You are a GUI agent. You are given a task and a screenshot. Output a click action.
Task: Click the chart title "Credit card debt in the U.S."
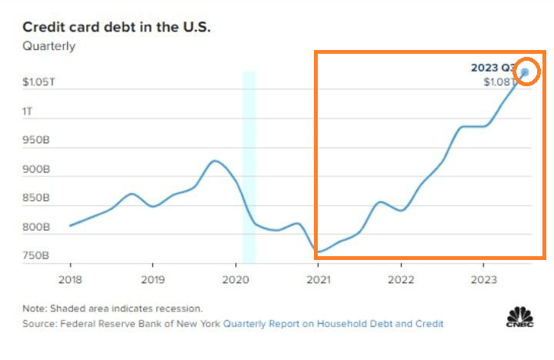pos(116,27)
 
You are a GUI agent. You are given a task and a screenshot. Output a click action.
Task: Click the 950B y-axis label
pos(36,141)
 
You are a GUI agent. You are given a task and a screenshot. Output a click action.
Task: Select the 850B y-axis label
pos(36,198)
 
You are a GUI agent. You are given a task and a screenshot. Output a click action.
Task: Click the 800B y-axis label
pos(36,228)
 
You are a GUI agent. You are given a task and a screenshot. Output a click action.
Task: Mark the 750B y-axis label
pos(36,256)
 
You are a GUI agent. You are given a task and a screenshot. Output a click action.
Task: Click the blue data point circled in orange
pos(525,73)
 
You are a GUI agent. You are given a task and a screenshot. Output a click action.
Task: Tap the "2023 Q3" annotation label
pos(492,68)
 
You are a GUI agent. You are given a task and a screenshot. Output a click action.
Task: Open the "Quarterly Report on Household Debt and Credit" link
pos(333,324)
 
